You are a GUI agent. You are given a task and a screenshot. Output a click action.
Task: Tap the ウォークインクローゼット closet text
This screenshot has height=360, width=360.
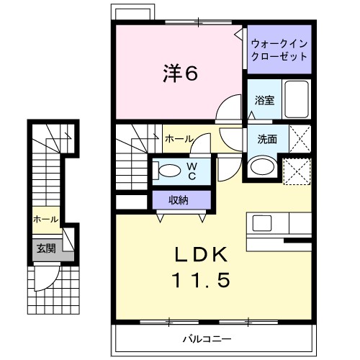[279, 50]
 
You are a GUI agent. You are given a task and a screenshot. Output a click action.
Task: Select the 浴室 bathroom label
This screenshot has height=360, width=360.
[264, 101]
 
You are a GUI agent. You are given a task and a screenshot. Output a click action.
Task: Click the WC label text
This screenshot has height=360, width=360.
[192, 171]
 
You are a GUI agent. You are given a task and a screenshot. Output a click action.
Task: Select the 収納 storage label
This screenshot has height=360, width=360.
[180, 200]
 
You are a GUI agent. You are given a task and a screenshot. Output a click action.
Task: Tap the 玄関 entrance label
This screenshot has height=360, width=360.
[45, 248]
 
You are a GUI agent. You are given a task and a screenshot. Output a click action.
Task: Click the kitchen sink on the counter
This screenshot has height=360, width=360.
[261, 222]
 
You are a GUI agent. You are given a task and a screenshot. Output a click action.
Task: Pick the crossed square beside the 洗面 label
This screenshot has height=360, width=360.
[299, 137]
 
